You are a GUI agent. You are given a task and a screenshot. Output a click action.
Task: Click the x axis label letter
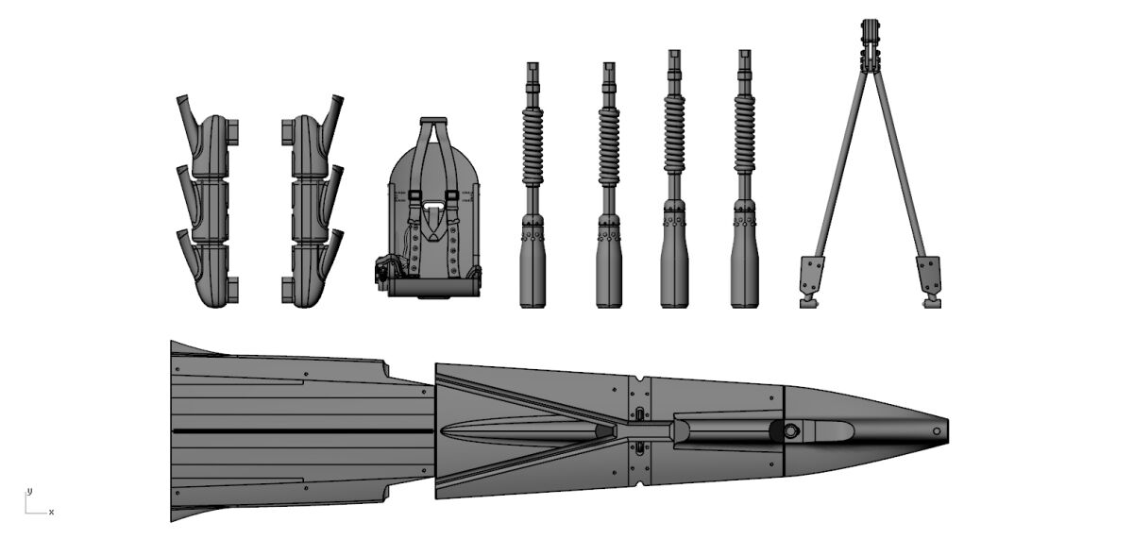click(51, 513)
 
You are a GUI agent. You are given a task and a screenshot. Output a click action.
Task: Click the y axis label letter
click(30, 491)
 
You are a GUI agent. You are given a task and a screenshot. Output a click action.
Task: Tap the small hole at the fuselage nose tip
click(937, 431)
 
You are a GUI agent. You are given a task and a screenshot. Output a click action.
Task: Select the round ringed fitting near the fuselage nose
click(790, 430)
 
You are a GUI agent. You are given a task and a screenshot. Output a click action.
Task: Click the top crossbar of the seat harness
click(433, 122)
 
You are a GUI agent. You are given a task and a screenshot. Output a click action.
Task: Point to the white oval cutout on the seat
click(433, 206)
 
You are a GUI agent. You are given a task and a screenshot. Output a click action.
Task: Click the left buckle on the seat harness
click(414, 195)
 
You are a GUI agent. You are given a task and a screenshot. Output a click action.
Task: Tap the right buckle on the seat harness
click(451, 195)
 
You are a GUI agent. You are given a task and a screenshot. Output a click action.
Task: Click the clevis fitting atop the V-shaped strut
click(870, 43)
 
